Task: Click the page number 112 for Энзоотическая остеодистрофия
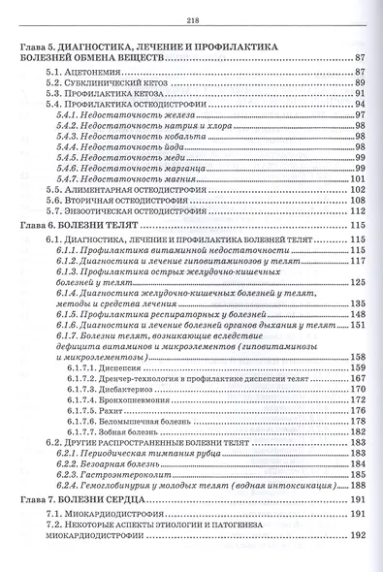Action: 354,210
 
